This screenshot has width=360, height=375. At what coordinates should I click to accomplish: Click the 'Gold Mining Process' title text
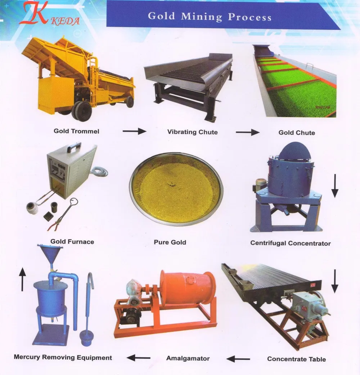(210, 16)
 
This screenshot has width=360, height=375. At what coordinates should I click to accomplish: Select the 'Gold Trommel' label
(76, 131)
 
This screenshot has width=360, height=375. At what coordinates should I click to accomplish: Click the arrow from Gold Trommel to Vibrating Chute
(134, 131)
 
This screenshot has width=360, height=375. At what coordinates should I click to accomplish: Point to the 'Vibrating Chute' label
(192, 132)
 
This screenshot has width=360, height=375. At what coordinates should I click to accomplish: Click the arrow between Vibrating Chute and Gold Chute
(247, 133)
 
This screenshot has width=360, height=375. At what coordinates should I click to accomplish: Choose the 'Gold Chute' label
(297, 133)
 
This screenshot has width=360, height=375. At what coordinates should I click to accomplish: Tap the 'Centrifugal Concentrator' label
(290, 243)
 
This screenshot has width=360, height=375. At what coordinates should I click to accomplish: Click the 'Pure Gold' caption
(170, 242)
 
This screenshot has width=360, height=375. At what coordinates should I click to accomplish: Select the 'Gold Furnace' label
(72, 242)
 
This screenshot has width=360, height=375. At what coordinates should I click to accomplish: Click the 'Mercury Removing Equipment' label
(63, 357)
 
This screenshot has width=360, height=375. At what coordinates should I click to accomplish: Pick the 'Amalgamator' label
(188, 358)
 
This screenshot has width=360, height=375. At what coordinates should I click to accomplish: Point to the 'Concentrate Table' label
(296, 359)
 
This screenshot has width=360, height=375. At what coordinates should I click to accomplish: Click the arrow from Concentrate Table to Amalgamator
(238, 359)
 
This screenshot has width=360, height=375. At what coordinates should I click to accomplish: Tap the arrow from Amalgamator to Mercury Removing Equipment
(138, 358)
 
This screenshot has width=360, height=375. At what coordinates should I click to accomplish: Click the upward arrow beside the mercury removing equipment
(22, 279)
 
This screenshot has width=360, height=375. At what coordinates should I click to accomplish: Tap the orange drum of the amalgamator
(187, 288)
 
